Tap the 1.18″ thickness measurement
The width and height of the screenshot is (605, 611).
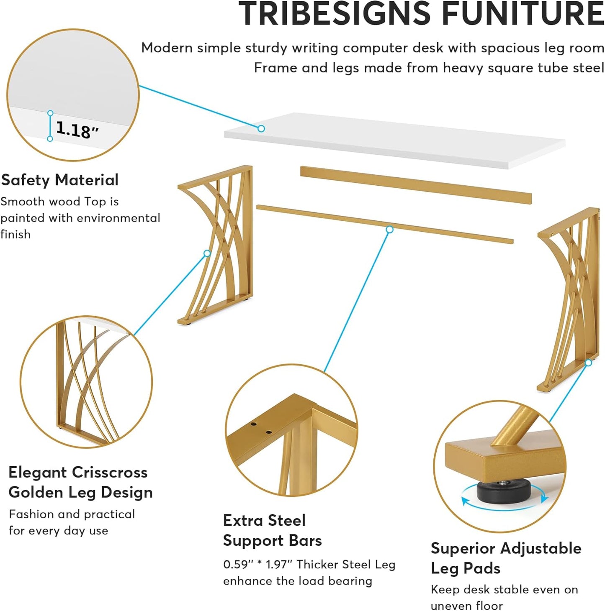click(x=77, y=130)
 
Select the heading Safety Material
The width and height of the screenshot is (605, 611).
click(x=60, y=180)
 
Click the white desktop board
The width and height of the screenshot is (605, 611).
click(x=394, y=140)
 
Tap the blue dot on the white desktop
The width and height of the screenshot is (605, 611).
click(x=261, y=129)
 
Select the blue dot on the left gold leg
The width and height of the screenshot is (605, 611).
click(x=207, y=253)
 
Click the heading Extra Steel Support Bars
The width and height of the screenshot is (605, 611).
click(x=272, y=530)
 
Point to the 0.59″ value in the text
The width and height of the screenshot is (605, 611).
click(x=238, y=565)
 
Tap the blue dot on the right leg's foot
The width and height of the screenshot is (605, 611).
click(x=588, y=363)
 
